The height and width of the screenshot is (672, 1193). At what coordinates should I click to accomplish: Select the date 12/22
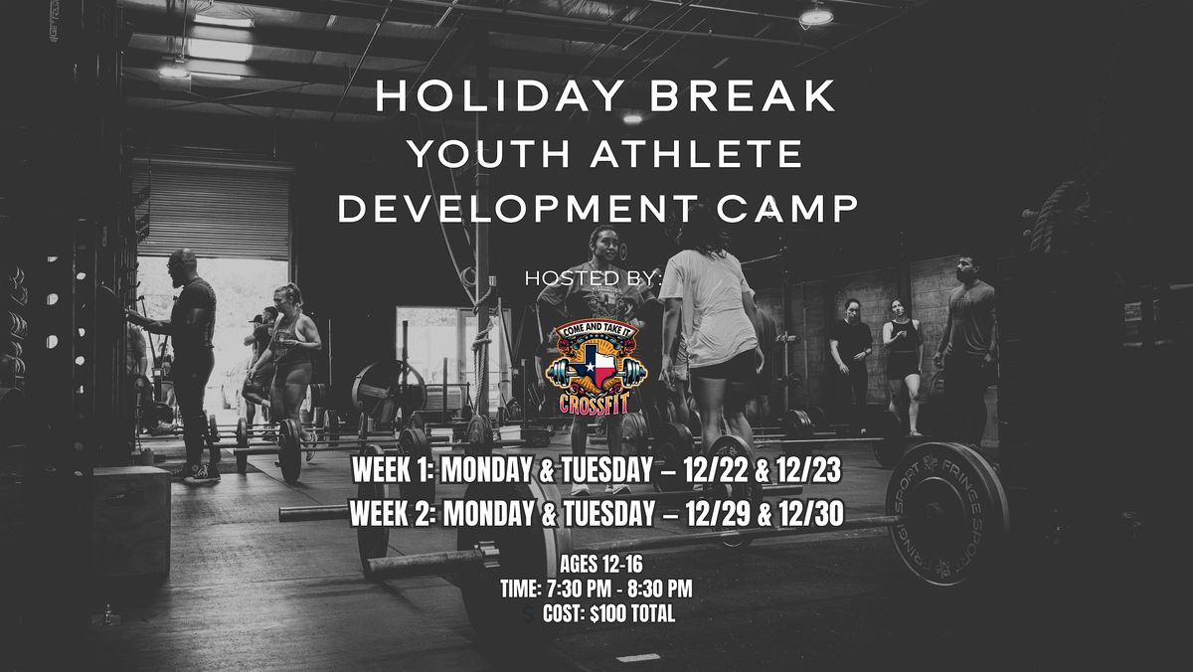point(708,472)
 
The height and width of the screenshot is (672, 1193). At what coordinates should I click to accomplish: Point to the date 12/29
point(709,515)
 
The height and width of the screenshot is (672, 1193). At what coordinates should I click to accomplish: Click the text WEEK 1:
point(392,472)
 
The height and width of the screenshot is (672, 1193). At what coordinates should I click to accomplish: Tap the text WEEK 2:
point(392,515)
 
